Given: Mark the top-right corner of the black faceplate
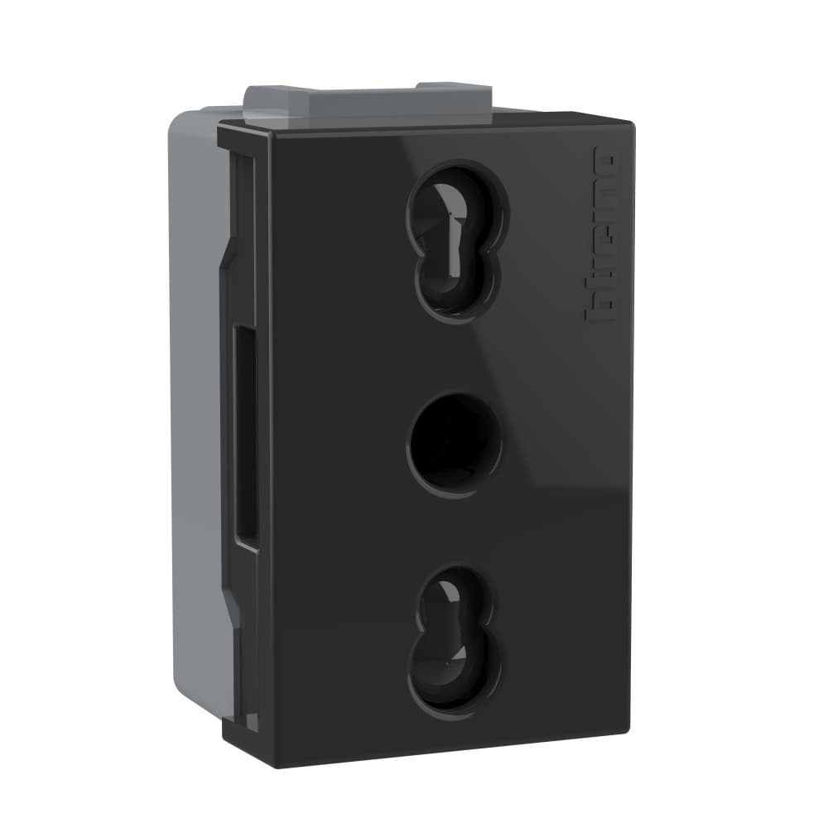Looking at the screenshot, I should [x=633, y=124].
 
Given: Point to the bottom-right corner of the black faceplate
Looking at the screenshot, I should [x=627, y=733].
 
